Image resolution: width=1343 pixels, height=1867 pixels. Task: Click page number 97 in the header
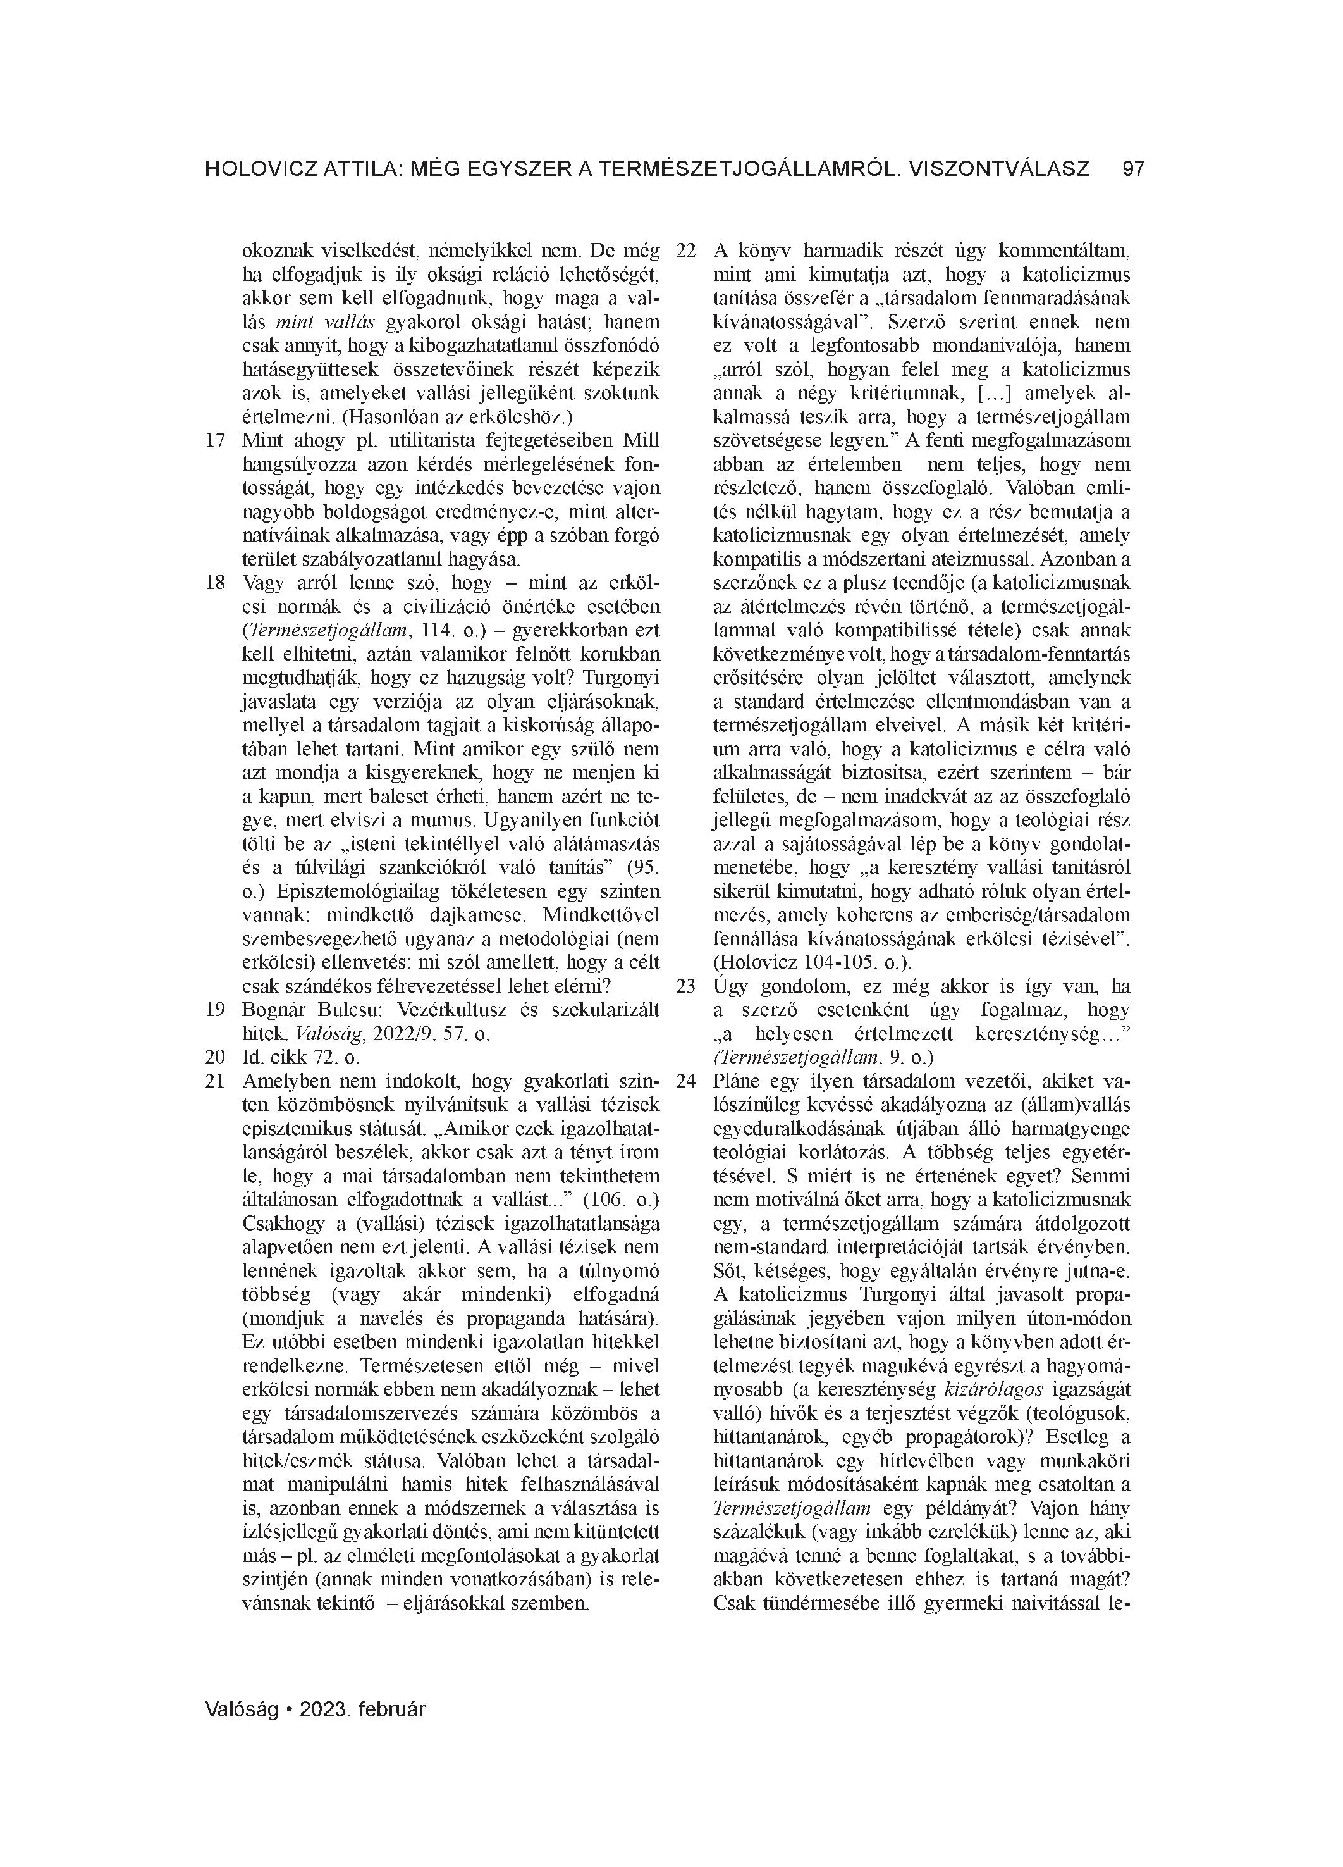pyautogui.click(x=1133, y=170)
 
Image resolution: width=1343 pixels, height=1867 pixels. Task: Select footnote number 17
pyautogui.click(x=215, y=440)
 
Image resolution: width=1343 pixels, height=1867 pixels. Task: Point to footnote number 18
pyautogui.click(x=215, y=583)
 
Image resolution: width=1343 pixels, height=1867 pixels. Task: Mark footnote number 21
pyautogui.click(x=215, y=1081)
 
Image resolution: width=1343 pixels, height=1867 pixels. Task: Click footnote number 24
pyautogui.click(x=686, y=1081)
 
